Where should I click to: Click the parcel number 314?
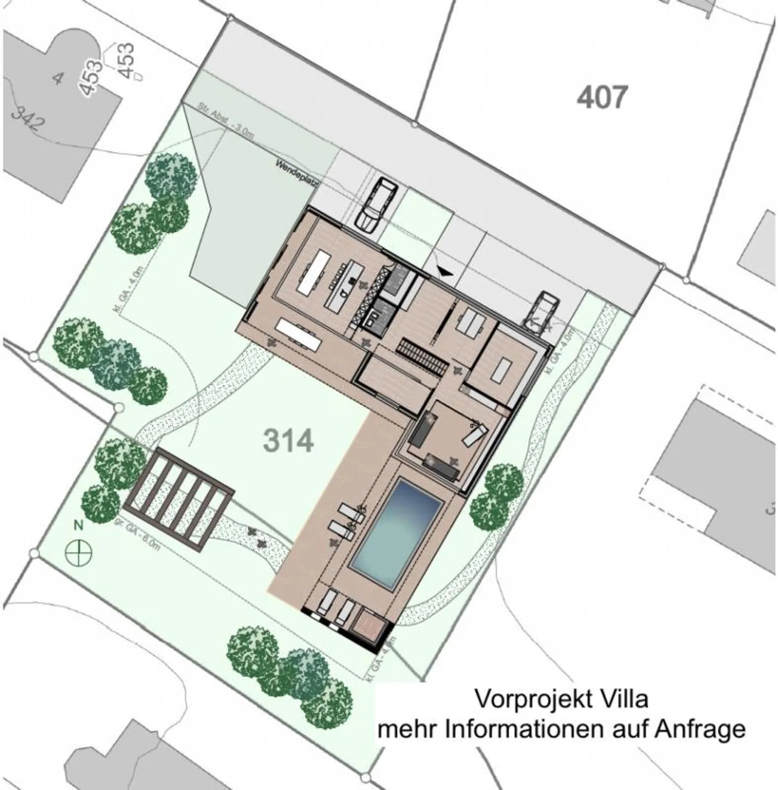[x=288, y=440]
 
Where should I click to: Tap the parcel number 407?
[x=602, y=98]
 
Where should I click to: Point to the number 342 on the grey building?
[x=28, y=120]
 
